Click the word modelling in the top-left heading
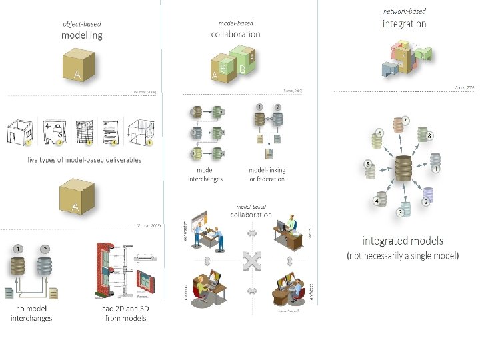81,35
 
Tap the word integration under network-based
404,23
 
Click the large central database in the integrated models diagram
403,169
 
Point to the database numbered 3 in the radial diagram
405,206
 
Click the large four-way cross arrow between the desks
251,261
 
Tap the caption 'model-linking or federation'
267,175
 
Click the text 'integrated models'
403,241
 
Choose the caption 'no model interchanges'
31,314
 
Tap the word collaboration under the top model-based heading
235,34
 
